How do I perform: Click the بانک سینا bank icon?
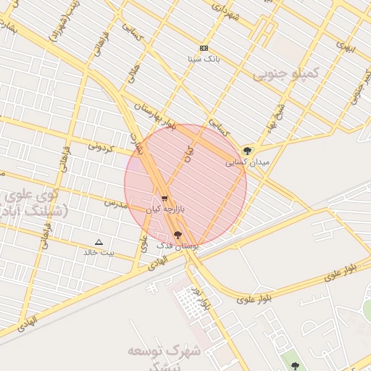pos(204,48)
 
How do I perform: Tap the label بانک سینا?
pos(203,58)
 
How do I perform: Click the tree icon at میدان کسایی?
pos(249,151)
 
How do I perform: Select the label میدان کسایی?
pos(248,162)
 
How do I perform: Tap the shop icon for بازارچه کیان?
pos(165,198)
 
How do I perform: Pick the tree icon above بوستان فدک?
pos(178,235)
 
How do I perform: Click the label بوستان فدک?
pos(179,246)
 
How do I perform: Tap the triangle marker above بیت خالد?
pos(99,242)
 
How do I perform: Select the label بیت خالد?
pos(99,252)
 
